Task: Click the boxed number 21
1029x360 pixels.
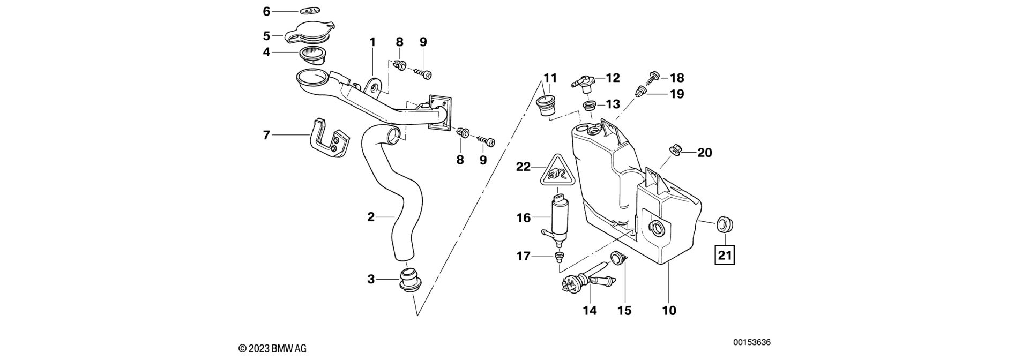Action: (x=724, y=256)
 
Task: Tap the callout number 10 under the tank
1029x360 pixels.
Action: (x=669, y=310)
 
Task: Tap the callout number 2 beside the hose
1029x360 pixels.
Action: (x=371, y=217)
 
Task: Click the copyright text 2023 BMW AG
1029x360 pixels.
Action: (x=272, y=348)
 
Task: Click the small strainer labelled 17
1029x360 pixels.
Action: (x=559, y=257)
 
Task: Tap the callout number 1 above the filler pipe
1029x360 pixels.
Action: (x=372, y=42)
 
